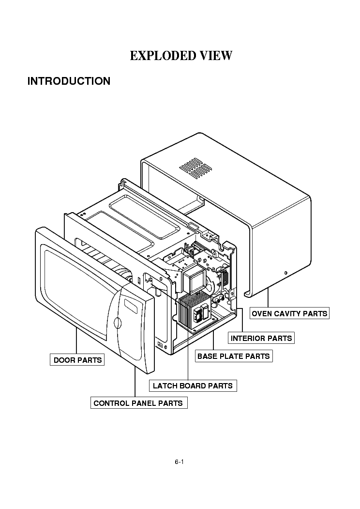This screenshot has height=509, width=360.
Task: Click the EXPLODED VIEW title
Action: coord(180,56)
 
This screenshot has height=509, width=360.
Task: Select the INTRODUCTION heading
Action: coord(69,81)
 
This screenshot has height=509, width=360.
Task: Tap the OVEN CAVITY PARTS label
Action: coord(289,313)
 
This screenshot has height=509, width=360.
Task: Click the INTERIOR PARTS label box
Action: coord(261,338)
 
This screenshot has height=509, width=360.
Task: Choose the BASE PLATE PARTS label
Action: coord(233,356)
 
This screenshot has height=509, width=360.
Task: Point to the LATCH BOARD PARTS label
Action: coord(193,386)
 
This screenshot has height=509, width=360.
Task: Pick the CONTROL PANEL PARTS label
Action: coord(138,403)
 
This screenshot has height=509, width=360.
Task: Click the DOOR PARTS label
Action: coord(77,360)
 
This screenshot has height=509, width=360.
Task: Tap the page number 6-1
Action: coord(179,462)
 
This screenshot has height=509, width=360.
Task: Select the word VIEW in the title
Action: coord(214,56)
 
